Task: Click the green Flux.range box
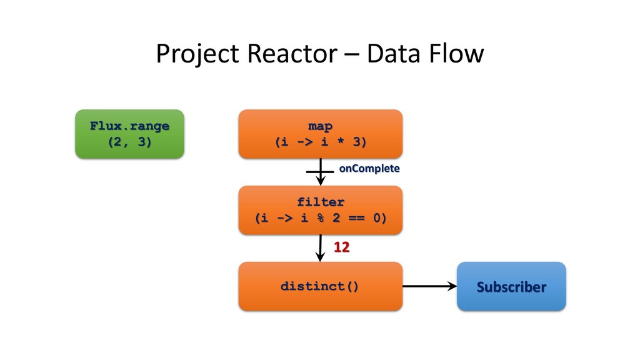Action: pos(130,134)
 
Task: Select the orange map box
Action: pos(321,134)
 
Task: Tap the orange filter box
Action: pos(321,210)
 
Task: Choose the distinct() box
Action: pos(321,286)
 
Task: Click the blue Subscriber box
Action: pos(511,286)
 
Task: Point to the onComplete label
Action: pos(369,169)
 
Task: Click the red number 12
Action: pos(342,247)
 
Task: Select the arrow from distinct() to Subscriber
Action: pos(430,286)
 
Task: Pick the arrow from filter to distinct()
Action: pos(321,248)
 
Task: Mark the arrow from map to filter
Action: pos(321,172)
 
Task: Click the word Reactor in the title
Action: pos(292,54)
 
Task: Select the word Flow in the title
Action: pos(455,54)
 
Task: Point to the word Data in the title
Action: pos(393,54)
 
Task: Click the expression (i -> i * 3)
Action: pos(321,142)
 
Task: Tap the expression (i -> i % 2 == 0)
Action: pos(321,218)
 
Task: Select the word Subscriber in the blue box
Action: pos(511,287)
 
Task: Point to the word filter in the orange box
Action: pos(321,202)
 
